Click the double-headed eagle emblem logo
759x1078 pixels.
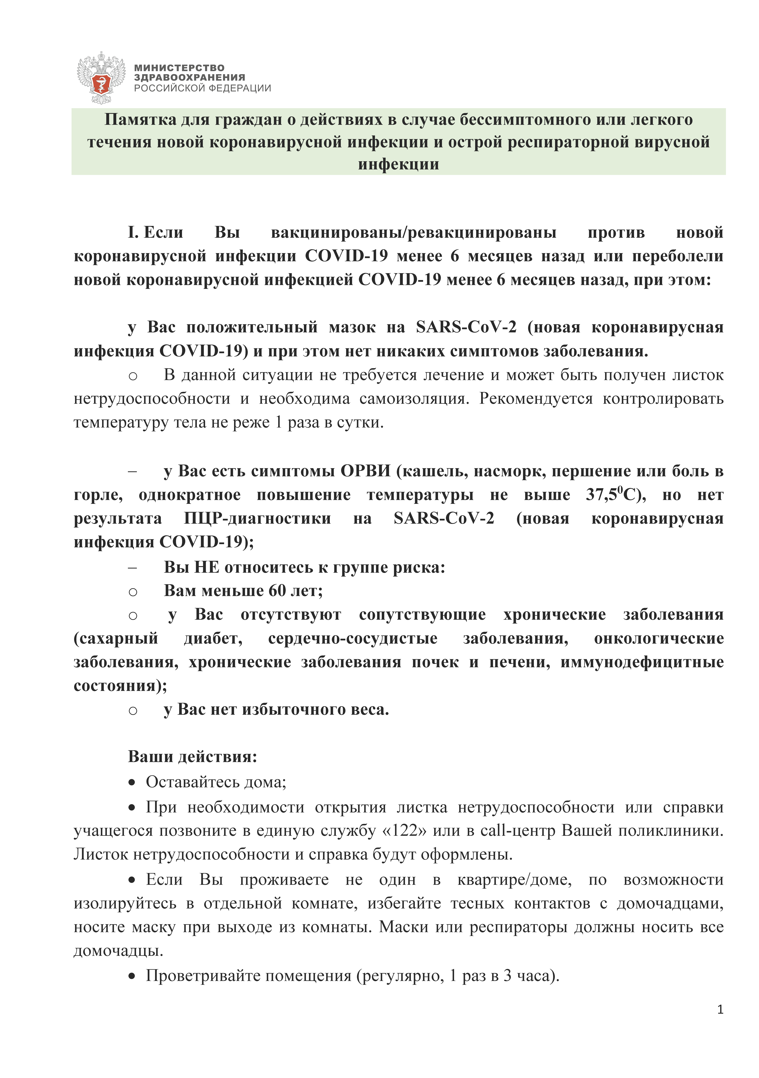click(x=101, y=77)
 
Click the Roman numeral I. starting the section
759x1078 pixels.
click(x=133, y=232)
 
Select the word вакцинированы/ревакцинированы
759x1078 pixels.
click(x=414, y=232)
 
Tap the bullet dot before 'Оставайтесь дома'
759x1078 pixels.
click(x=132, y=783)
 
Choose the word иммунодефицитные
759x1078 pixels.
click(x=642, y=662)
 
